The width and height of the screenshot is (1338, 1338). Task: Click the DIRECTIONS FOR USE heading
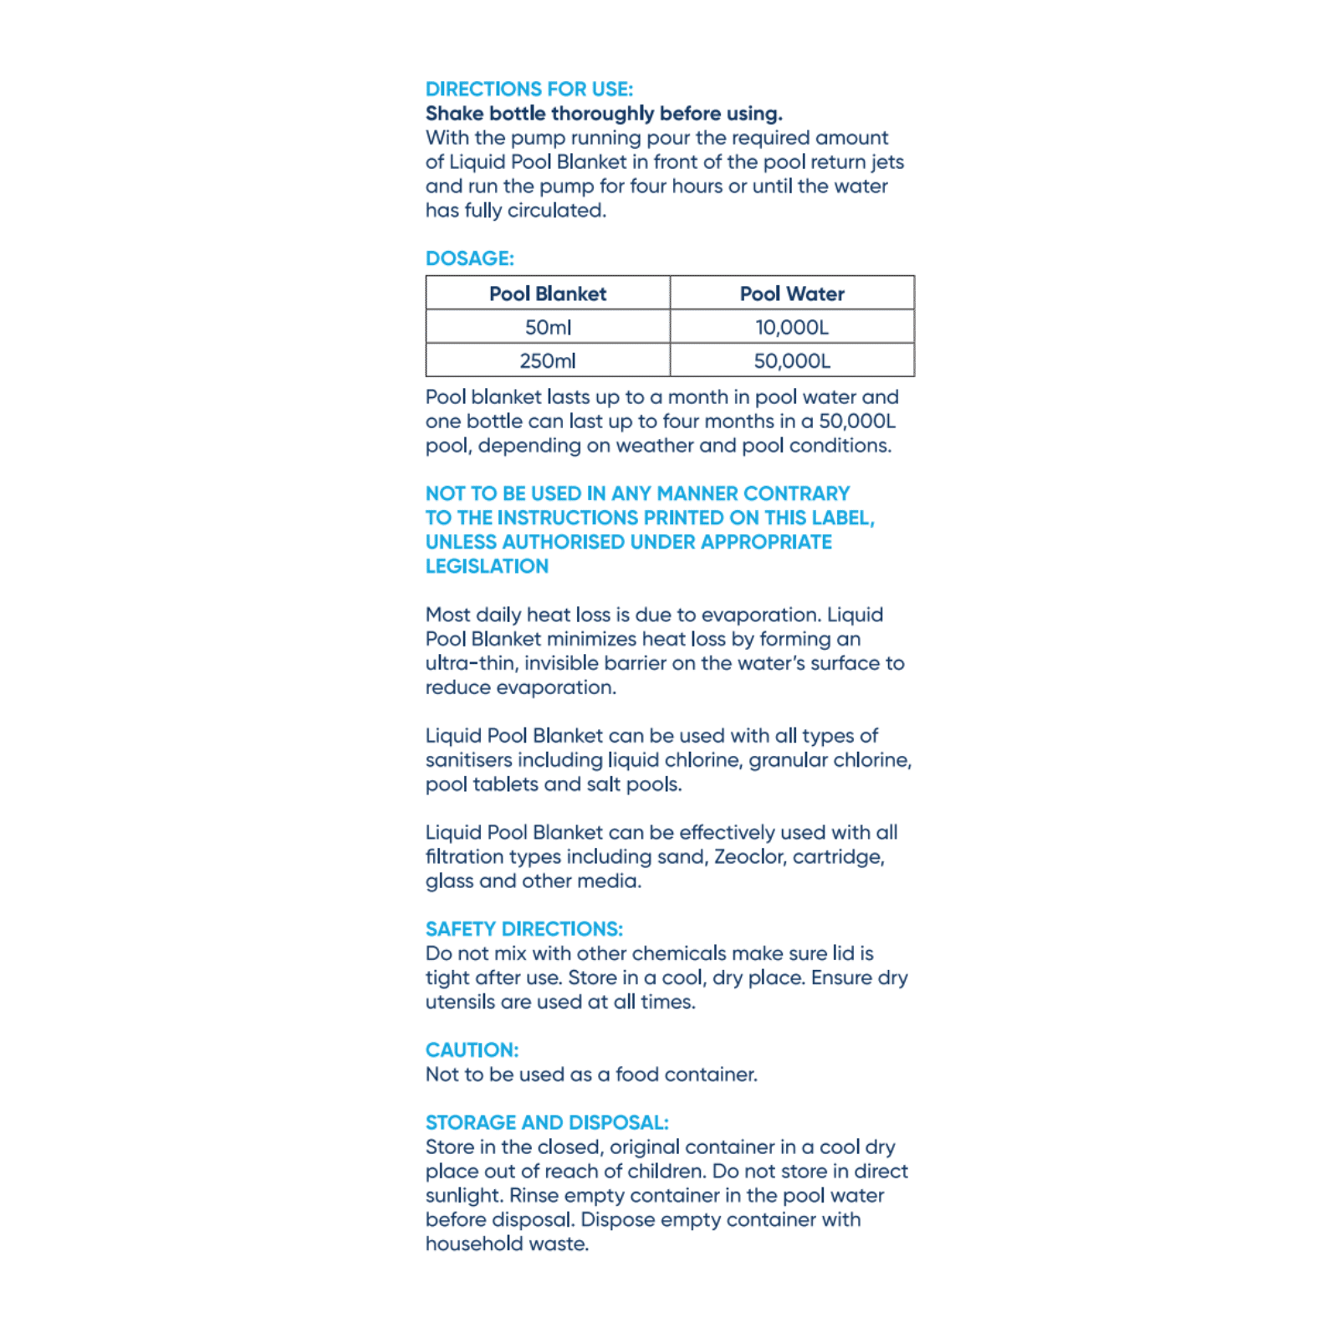pos(529,89)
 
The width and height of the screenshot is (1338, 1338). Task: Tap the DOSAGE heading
pos(469,258)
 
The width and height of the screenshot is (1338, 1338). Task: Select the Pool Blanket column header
pos(548,294)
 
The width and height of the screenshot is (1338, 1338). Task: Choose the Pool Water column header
pos(792,294)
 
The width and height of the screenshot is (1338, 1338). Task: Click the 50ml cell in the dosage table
pos(548,327)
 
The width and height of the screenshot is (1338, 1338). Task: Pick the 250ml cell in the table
pos(548,361)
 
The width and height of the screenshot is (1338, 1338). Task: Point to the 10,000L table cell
pos(792,327)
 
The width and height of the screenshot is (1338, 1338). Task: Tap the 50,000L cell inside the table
pos(792,361)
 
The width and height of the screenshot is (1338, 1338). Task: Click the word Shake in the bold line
pos(454,114)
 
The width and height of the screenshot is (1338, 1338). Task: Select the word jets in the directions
pos(886,162)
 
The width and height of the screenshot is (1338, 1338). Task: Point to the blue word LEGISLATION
pos(487,566)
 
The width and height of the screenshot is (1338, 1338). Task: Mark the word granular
pos(786,760)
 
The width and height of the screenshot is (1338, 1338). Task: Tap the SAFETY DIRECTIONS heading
pos(523,929)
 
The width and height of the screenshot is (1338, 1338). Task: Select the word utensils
pos(460,1002)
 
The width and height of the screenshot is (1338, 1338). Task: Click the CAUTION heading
pos(472,1050)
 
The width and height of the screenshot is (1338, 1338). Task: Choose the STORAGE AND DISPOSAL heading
pos(547,1123)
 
